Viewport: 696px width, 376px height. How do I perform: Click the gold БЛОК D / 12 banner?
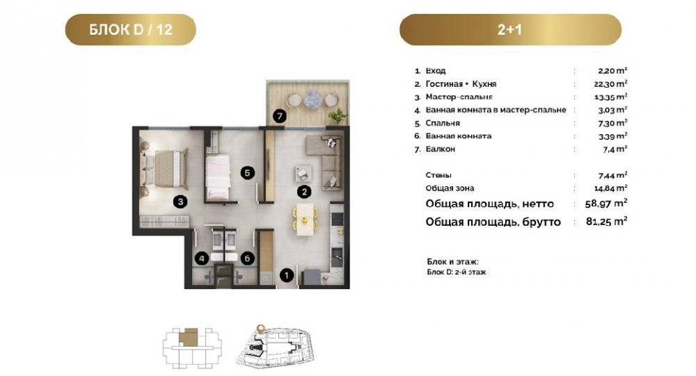(x=131, y=29)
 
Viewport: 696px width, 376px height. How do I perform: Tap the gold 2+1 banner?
(x=510, y=29)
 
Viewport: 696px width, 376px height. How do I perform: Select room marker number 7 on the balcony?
(x=279, y=117)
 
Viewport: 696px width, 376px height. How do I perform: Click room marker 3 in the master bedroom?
(x=180, y=202)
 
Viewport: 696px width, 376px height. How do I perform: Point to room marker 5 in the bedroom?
(x=248, y=173)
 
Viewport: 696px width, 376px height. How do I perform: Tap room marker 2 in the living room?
(x=305, y=192)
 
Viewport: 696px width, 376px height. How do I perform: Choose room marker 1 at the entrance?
(x=287, y=275)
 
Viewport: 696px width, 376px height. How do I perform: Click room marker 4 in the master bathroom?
(x=202, y=258)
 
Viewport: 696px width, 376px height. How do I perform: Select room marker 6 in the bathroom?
(x=247, y=258)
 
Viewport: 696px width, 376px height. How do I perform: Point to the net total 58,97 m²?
(x=607, y=204)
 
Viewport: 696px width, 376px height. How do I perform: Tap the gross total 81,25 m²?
(x=607, y=221)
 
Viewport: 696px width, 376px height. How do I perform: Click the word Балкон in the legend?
(x=441, y=149)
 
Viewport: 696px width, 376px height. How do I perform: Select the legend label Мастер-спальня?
(x=459, y=97)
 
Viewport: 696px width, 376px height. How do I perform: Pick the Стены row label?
(x=438, y=175)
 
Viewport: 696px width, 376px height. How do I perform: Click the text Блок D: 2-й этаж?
(x=457, y=272)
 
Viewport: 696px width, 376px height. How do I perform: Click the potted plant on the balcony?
(x=338, y=116)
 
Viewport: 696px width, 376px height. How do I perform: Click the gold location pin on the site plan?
(x=260, y=329)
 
